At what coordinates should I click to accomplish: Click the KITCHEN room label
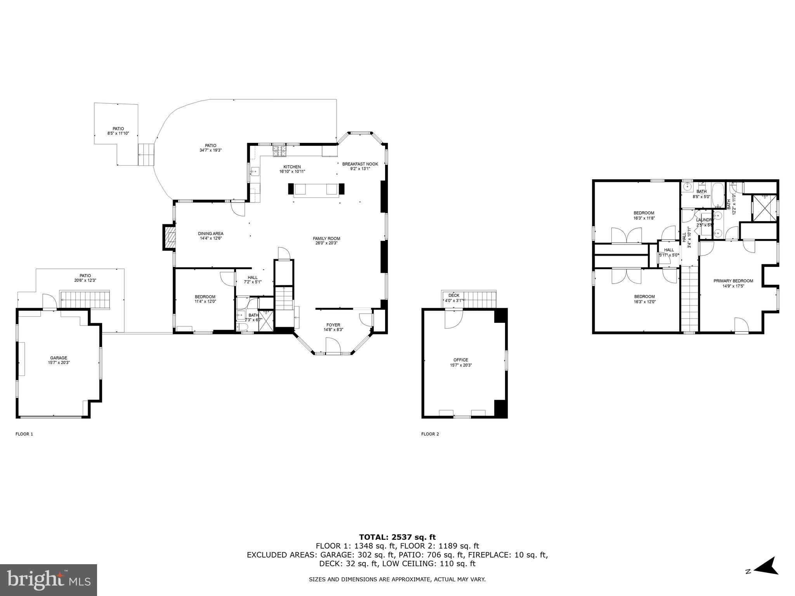[x=292, y=167]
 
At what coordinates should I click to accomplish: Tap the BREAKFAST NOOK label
[x=360, y=164]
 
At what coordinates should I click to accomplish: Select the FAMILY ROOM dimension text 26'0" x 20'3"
[x=326, y=243]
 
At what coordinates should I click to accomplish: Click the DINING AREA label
[x=211, y=234]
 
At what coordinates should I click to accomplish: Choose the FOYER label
[x=333, y=325]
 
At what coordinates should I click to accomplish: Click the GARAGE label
[x=59, y=358]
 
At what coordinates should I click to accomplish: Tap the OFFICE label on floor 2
[x=461, y=360]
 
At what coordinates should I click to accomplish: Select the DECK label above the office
[x=454, y=295]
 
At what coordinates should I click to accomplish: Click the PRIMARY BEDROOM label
[x=733, y=281]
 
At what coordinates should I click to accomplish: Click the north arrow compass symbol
[x=764, y=577]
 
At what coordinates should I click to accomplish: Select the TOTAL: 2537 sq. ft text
[x=397, y=537]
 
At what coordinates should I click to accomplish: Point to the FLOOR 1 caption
[x=24, y=434]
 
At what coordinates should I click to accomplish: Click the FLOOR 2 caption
[x=430, y=434]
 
